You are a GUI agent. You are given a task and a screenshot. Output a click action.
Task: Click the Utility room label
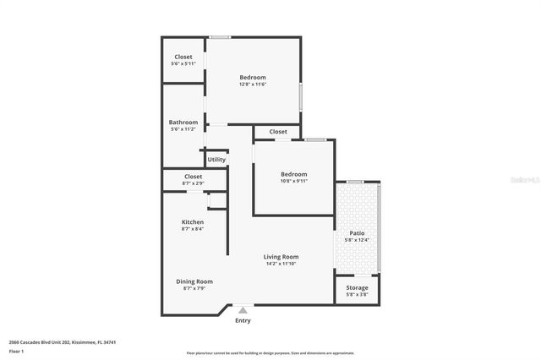point(216,159)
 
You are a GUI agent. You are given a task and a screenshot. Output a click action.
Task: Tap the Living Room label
point(281,257)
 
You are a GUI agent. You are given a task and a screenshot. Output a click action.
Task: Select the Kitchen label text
point(193,222)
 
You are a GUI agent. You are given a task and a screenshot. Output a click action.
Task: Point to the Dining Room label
point(194,281)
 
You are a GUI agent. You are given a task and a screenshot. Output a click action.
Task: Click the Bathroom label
point(183,122)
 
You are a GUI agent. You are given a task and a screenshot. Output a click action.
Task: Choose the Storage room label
point(357,288)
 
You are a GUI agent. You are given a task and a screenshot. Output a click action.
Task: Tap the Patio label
point(357,233)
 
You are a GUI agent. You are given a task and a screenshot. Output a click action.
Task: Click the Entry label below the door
point(243,320)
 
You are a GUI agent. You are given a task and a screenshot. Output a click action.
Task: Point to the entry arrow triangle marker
point(243,309)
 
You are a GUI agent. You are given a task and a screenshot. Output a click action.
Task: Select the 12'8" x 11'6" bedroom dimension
point(253,85)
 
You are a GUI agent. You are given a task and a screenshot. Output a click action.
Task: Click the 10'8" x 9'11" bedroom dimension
point(294,181)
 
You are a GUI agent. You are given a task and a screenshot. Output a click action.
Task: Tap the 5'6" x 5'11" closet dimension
point(183,64)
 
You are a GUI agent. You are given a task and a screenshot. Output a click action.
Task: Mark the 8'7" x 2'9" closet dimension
point(193,183)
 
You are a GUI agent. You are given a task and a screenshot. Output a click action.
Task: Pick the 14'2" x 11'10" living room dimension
point(281,264)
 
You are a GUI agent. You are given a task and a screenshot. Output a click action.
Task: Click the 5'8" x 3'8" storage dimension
point(357,295)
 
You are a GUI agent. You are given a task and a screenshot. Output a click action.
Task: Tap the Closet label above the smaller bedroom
point(278,132)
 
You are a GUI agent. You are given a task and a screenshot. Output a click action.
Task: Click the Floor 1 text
point(17,351)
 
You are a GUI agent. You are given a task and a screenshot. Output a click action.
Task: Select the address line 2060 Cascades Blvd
point(62,342)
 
